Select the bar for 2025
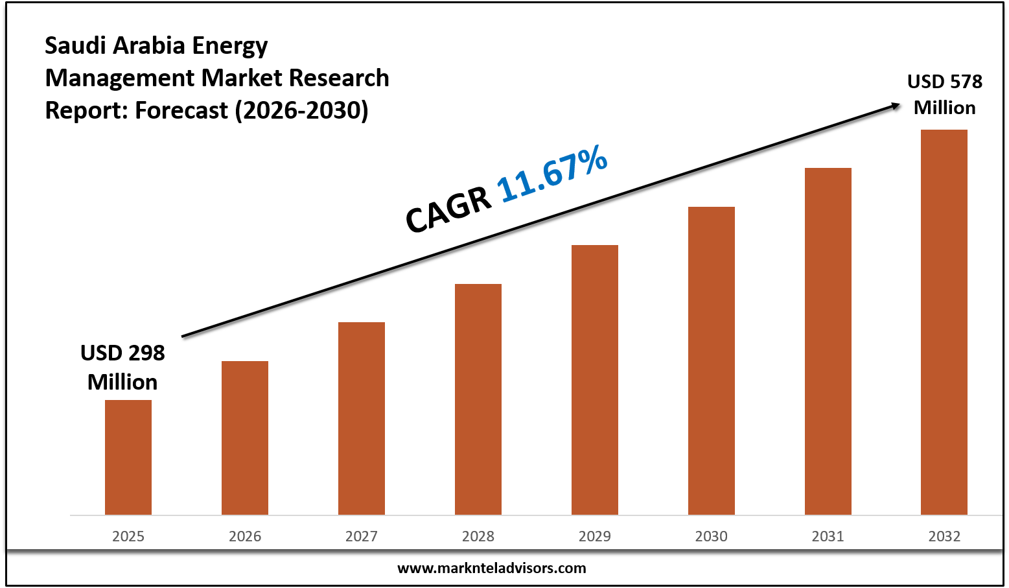click(x=128, y=457)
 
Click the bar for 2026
click(x=245, y=438)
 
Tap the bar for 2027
click(x=362, y=418)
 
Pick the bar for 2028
click(x=478, y=399)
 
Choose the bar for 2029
click(x=595, y=380)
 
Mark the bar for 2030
click(x=712, y=360)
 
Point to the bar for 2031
click(x=828, y=341)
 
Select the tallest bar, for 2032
click(x=944, y=322)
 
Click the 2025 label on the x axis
click(x=128, y=536)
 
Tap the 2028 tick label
click(x=478, y=536)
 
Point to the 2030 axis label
click(x=712, y=536)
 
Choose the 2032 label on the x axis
click(x=944, y=536)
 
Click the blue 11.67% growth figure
click(x=552, y=173)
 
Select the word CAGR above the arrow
click(x=448, y=209)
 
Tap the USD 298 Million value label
click(x=122, y=368)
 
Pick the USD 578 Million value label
click(x=944, y=95)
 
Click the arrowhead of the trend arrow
click(x=896, y=105)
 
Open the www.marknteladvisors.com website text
click(x=491, y=569)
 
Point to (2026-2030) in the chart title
click(x=301, y=110)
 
